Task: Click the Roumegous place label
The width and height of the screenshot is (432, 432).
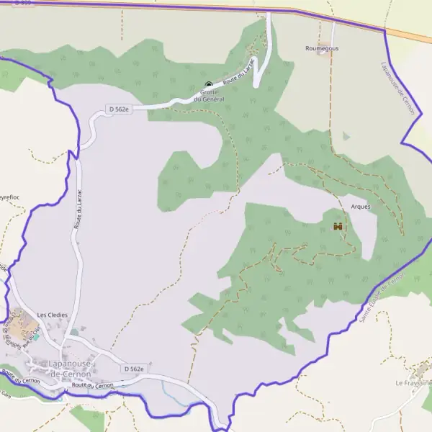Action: [x=322, y=48]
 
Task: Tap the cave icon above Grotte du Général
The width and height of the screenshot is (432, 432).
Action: [x=210, y=84]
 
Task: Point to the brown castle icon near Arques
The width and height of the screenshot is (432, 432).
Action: [x=338, y=227]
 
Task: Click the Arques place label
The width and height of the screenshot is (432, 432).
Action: [x=360, y=207]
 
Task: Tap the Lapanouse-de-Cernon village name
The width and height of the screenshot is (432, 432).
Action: [x=70, y=369]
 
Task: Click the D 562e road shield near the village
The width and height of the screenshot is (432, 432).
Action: [x=133, y=369]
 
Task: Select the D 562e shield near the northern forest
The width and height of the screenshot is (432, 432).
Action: [x=120, y=109]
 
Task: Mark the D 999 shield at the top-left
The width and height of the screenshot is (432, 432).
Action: [x=22, y=4]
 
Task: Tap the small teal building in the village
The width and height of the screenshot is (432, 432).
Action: [x=36, y=336]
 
